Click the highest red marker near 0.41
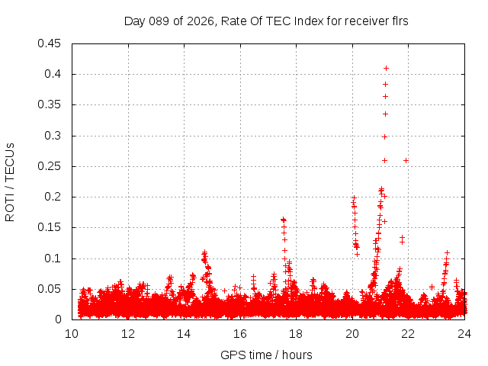[x=386, y=68]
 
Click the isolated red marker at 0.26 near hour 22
[x=406, y=160]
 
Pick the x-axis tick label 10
[x=72, y=333]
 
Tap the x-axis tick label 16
[x=240, y=333]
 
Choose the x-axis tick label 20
[x=352, y=333]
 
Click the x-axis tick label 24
[x=464, y=333]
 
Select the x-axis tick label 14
[x=184, y=333]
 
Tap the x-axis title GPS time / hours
[x=266, y=355]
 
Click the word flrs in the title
[x=399, y=21]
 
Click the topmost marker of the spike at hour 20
[x=353, y=197]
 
